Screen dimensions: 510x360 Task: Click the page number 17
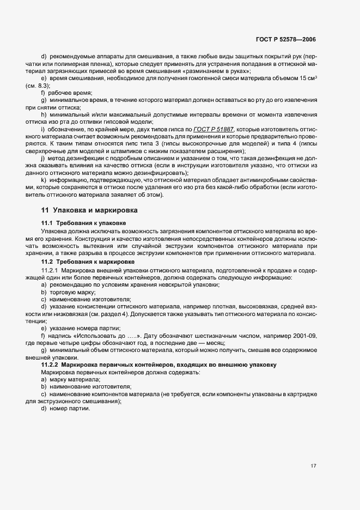point(313,466)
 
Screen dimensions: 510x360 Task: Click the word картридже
point(302,394)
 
